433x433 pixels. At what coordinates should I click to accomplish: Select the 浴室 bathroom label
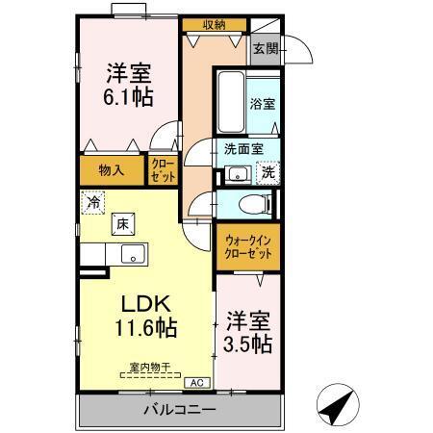(x=263, y=104)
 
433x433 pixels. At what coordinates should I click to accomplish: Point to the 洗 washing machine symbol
(x=268, y=173)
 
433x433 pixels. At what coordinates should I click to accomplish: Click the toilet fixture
(x=253, y=205)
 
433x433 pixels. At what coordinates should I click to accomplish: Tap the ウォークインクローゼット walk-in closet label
(x=248, y=245)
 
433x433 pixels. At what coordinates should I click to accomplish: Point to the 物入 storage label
(x=112, y=170)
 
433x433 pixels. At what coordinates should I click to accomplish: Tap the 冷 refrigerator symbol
(x=94, y=203)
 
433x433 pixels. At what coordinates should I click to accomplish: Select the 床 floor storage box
(x=123, y=223)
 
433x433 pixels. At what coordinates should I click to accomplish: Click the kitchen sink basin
(x=132, y=255)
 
